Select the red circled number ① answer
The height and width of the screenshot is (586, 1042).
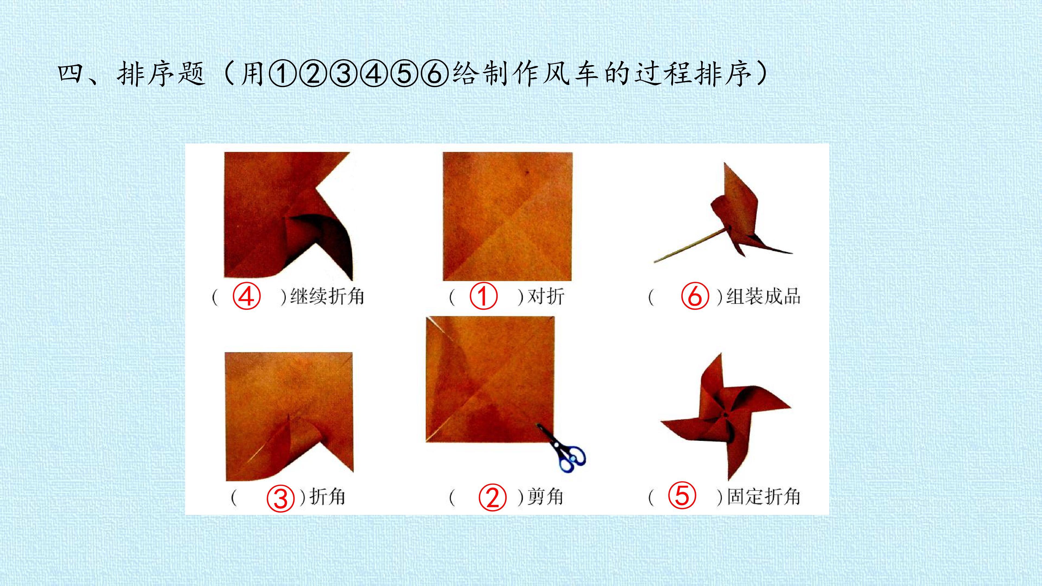(x=483, y=297)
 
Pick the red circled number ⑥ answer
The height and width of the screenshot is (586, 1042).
(x=695, y=297)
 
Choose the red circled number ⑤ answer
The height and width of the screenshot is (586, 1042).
(x=682, y=496)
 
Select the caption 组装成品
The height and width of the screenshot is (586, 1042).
(x=763, y=297)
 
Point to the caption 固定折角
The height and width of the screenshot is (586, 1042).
(x=764, y=497)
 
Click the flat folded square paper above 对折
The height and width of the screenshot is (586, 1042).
(x=508, y=216)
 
